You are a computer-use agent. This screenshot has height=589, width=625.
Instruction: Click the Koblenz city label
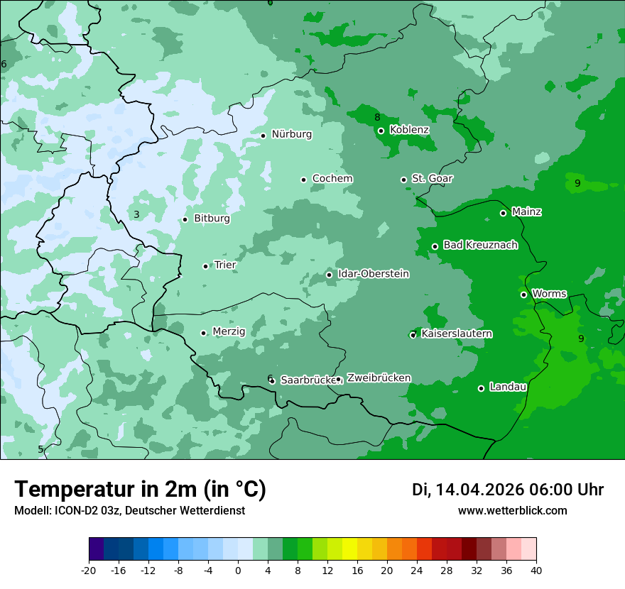point(409,130)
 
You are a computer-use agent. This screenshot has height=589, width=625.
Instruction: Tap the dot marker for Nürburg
point(263,136)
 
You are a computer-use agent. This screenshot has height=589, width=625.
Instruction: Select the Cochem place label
point(332,179)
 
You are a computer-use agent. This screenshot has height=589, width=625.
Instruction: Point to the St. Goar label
point(432,179)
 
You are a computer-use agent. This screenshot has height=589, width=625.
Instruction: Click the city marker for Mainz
point(503,213)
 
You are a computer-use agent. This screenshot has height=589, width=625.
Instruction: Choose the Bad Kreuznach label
point(480,245)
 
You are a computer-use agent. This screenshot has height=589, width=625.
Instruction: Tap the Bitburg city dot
point(185,219)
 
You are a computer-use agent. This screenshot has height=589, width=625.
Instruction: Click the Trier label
point(225,265)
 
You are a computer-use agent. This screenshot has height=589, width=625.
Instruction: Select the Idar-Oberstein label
point(373,274)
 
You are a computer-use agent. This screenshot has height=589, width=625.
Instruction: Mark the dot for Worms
point(523,294)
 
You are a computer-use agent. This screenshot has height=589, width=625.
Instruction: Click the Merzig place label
point(229,331)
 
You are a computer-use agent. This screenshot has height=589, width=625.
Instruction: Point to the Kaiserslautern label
point(457,334)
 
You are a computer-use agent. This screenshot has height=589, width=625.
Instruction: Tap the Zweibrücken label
point(379,378)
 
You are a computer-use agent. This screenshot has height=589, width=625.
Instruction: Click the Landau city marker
point(481,388)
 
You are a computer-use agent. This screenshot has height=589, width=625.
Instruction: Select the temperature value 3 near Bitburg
point(136,214)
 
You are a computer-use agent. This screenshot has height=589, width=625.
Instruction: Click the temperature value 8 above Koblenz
point(377,117)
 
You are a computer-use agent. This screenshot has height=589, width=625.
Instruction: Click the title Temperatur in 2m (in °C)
point(140,490)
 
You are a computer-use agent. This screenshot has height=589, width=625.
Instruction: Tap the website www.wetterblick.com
point(512,511)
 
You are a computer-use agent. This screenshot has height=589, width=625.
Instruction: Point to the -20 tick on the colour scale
point(89,570)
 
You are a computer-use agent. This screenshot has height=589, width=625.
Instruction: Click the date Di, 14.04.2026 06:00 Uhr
point(508,490)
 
